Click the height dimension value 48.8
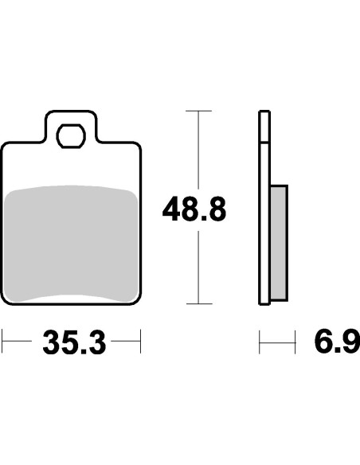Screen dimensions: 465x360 pos(194,210)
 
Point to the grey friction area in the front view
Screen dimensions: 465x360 pos(72,243)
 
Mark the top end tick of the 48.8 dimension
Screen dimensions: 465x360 pos(198,111)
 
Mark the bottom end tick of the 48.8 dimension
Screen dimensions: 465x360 pos(198,303)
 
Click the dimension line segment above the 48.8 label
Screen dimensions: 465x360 pos(198,151)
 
